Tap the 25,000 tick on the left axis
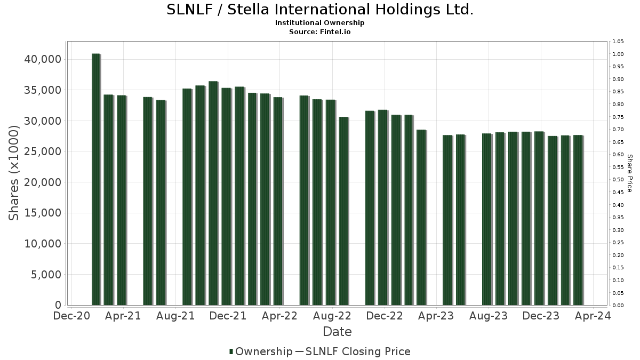coord(43,151)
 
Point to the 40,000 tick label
coord(43,59)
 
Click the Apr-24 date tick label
coord(593,316)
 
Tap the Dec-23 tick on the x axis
coord(541,316)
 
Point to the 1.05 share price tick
coord(618,42)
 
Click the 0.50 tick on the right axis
coord(618,180)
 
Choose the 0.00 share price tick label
coord(618,306)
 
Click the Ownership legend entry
coord(261,351)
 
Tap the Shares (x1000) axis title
coord(14,173)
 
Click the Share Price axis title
coord(629,173)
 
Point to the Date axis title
coord(337,332)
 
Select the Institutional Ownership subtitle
coord(320,23)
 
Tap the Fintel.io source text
coord(335,32)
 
